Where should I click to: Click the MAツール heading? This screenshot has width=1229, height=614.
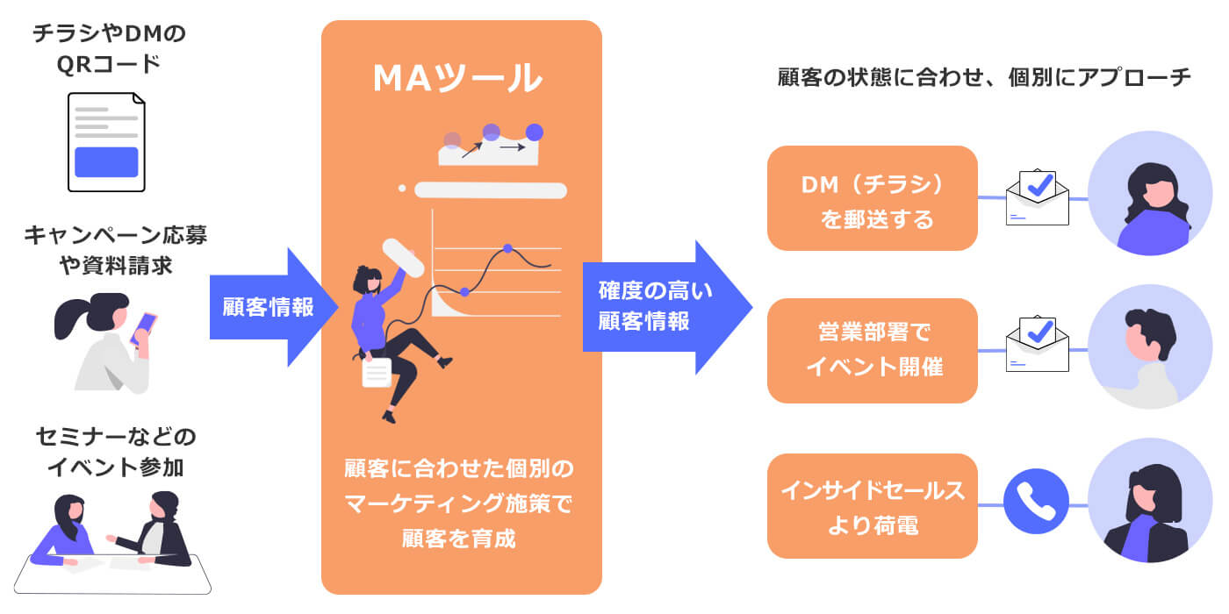click(457, 78)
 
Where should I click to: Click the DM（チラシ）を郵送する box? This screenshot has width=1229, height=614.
click(872, 198)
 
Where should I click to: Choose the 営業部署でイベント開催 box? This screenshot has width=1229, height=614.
click(872, 350)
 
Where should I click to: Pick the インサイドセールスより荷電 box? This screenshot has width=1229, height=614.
click(872, 506)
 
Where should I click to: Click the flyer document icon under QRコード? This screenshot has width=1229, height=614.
click(106, 141)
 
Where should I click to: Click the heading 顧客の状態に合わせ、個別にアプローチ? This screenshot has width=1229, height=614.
click(984, 77)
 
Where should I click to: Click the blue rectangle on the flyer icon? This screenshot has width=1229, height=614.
click(106, 161)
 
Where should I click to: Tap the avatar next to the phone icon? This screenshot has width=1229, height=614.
click(1149, 501)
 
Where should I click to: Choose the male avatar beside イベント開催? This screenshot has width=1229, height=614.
click(1149, 347)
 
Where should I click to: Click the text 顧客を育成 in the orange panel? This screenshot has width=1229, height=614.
click(458, 538)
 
